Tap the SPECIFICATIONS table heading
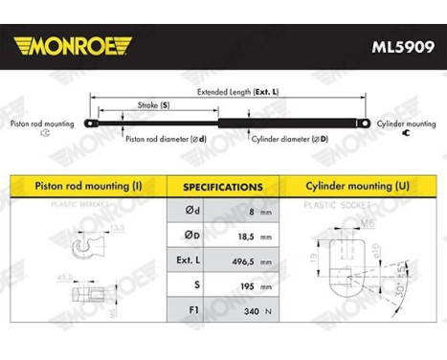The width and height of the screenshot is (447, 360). point(223,187)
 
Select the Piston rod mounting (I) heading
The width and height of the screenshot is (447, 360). point(86,186)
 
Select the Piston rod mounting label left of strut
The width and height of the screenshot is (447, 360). point(42,124)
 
